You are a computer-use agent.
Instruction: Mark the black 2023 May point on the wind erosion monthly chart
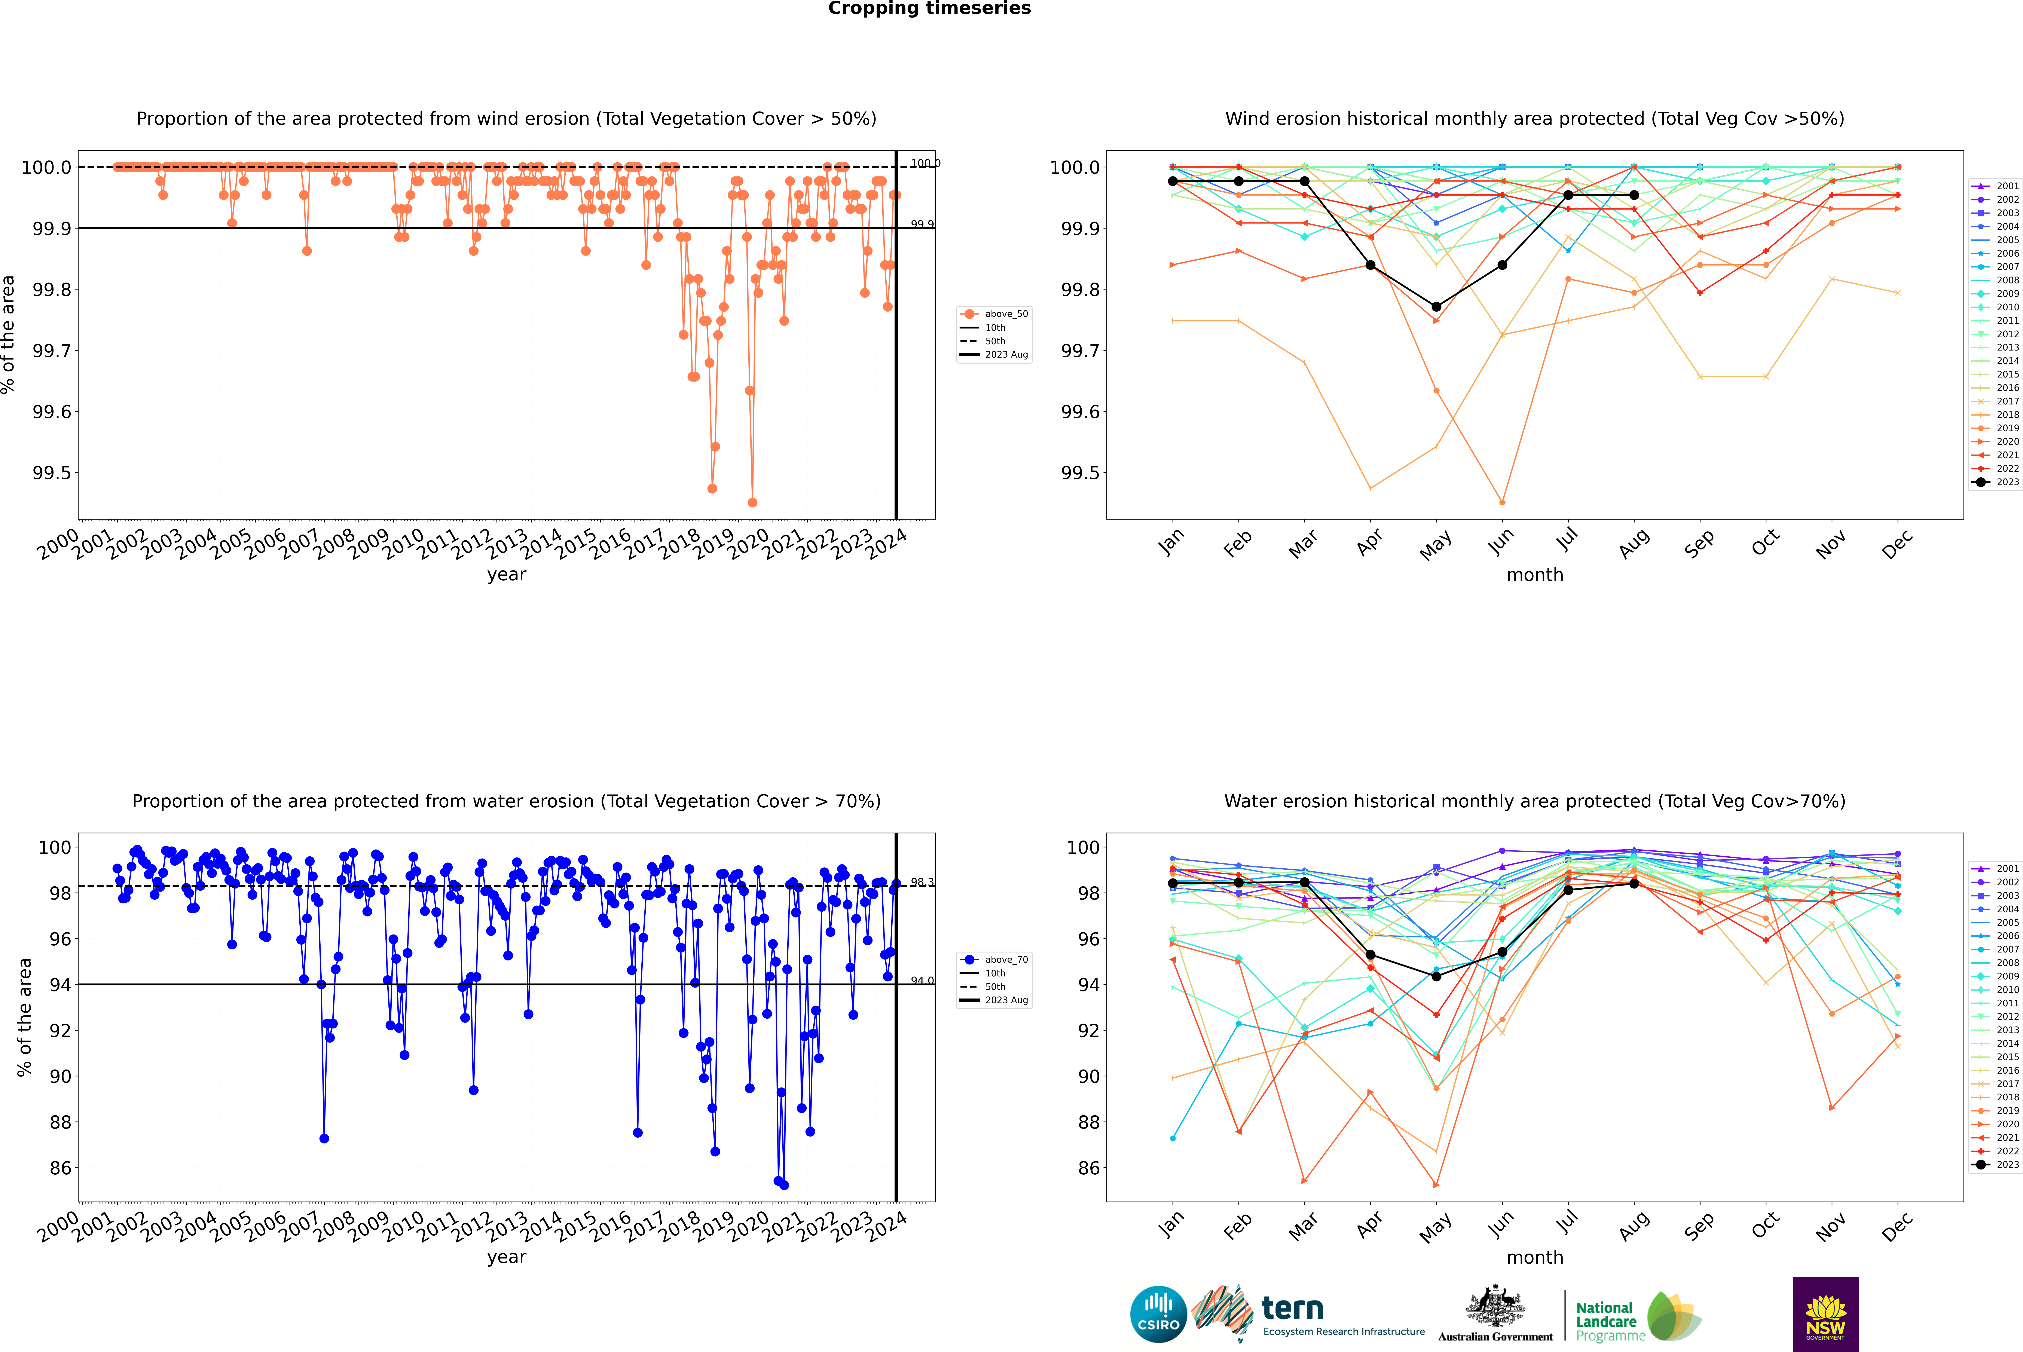pos(1436,307)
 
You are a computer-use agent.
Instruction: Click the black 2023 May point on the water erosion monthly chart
pos(1436,976)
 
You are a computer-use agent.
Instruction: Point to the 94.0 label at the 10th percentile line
pos(922,980)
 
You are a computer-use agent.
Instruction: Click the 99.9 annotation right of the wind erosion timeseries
pos(922,224)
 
